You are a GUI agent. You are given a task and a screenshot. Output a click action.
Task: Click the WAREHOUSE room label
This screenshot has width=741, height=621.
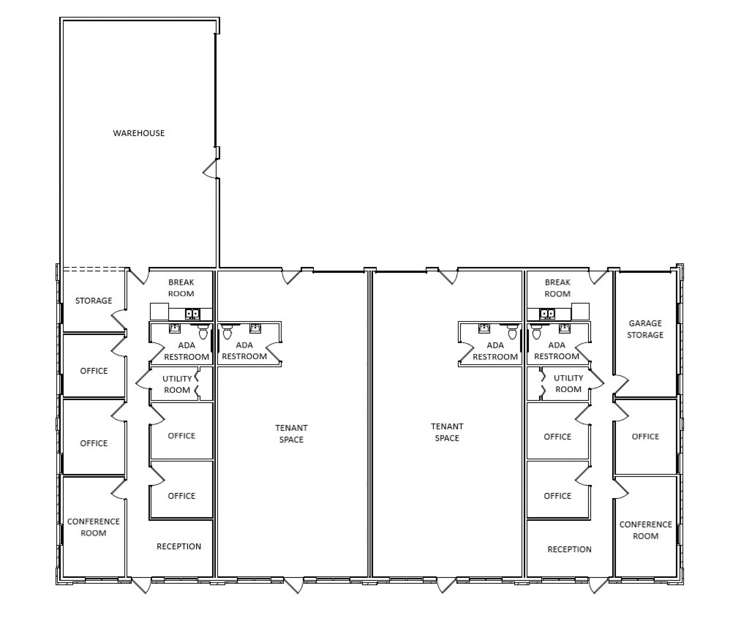(x=139, y=133)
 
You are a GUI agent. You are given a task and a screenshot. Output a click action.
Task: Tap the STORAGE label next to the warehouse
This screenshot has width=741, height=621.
(x=93, y=301)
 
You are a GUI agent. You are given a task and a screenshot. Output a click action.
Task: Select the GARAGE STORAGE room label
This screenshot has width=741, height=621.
(x=645, y=329)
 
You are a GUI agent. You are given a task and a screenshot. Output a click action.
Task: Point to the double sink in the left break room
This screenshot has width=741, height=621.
(x=193, y=314)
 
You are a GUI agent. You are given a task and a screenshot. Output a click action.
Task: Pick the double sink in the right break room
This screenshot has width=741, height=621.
(x=547, y=314)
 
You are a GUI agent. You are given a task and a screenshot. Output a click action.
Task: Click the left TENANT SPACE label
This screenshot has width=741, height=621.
(x=291, y=434)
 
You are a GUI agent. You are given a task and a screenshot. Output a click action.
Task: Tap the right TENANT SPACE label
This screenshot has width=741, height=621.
(x=447, y=432)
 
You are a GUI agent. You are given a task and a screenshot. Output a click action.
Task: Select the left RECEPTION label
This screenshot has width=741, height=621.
(x=179, y=546)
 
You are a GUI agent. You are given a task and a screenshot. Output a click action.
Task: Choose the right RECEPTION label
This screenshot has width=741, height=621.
(x=570, y=549)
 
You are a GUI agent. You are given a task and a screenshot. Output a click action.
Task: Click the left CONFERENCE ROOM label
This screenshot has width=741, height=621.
(x=93, y=527)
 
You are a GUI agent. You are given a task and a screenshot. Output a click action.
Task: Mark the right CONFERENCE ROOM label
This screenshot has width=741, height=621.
(x=646, y=530)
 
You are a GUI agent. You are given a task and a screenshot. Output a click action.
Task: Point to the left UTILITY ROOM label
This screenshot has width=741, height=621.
(x=177, y=384)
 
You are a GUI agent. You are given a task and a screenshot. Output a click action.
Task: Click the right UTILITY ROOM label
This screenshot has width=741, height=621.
(x=568, y=383)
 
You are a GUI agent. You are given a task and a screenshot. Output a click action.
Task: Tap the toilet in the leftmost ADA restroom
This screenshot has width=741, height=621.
(x=203, y=332)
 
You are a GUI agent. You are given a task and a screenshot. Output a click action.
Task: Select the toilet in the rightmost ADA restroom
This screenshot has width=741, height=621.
(x=536, y=332)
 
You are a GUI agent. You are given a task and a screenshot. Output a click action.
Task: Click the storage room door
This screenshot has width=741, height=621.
(x=119, y=319)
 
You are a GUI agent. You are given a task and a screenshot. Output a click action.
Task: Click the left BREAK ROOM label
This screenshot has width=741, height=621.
(x=181, y=288)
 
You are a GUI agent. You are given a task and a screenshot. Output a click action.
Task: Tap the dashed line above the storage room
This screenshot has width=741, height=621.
(x=94, y=269)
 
